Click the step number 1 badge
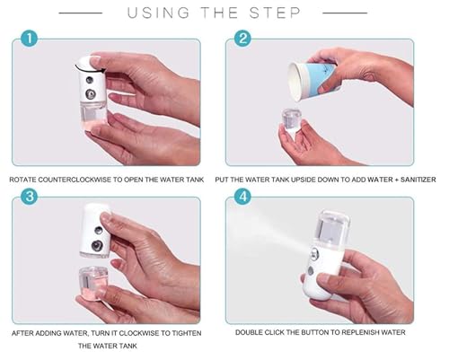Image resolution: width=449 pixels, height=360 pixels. coord(30,39)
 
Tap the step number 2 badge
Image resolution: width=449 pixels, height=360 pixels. coord(242,39)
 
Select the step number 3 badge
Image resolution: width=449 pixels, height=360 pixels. coord(30,197)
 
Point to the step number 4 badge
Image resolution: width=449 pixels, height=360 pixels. coord(242,197)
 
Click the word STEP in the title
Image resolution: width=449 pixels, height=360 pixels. coord(275,13)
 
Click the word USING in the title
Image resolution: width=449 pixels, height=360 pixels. coord(159,13)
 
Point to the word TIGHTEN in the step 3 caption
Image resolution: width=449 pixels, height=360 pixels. coord(187,333)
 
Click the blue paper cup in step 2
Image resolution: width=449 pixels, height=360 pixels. coord(313,81)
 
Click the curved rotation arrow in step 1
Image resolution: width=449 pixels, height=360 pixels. coord(90,68)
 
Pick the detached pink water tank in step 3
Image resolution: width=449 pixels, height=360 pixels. coord(92,284)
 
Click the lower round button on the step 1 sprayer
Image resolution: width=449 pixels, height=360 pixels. coord(91,94)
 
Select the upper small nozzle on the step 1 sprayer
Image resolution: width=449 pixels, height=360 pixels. coord(90,80)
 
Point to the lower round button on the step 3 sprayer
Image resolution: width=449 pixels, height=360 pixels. coord(97,246)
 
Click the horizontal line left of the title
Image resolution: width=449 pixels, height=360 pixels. coord(81,13)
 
